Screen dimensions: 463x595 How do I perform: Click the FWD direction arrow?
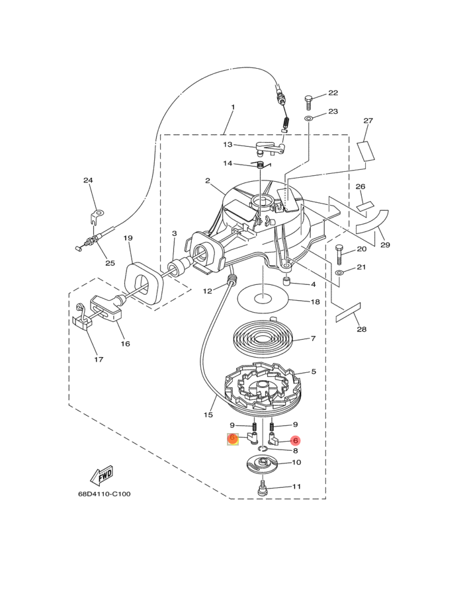coord(101,475)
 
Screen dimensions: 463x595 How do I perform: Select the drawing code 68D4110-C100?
coord(104,494)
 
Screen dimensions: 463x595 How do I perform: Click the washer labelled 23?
coord(308,119)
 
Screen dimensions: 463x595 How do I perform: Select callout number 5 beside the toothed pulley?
coord(314,372)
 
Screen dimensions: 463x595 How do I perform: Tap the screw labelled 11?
coord(263,487)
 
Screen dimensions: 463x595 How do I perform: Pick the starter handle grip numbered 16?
coord(106,307)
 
